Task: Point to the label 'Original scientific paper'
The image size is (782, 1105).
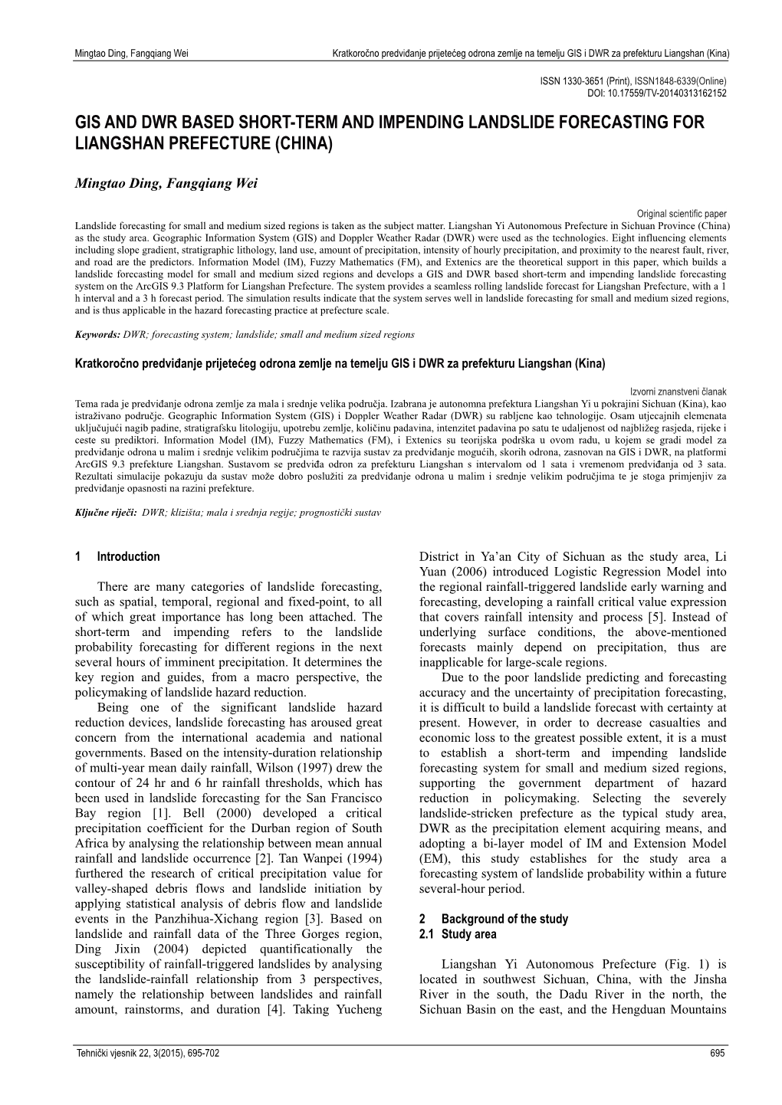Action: [x=681, y=215]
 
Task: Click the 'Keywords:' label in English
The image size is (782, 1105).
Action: [x=98, y=335]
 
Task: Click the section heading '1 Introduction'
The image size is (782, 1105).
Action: [x=119, y=557]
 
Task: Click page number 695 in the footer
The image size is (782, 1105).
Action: [x=718, y=1054]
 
